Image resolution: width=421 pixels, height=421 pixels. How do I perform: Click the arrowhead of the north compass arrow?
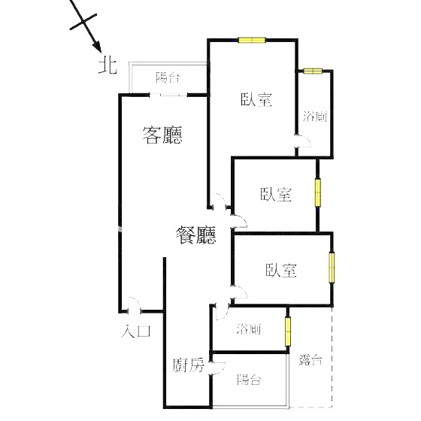click(97, 47)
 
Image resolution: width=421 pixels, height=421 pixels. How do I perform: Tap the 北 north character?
click(108, 66)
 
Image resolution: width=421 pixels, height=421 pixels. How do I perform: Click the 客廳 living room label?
click(162, 135)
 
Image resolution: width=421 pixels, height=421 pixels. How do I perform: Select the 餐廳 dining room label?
click(196, 235)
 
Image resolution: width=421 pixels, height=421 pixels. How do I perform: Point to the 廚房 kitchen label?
click(189, 365)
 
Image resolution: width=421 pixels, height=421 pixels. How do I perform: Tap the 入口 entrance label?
click(136, 331)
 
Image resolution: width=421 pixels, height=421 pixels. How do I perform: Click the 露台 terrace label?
click(310, 360)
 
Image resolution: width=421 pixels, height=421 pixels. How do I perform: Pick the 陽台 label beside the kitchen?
click(249, 380)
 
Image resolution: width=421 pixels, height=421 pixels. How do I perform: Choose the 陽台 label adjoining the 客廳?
click(168, 77)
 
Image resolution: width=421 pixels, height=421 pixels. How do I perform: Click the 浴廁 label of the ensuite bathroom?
click(315, 117)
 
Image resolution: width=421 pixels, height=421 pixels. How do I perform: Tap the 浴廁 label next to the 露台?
click(249, 329)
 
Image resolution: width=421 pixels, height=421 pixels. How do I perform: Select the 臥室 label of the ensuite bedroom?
click(256, 99)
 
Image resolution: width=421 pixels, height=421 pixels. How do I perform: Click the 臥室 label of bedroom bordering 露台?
click(281, 270)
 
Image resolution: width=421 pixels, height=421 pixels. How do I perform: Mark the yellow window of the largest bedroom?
click(252, 41)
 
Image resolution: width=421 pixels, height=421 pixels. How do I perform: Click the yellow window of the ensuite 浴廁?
click(313, 71)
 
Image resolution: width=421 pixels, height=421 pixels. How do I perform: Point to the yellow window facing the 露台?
click(287, 332)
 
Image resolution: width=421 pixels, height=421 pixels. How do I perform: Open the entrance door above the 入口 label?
click(134, 305)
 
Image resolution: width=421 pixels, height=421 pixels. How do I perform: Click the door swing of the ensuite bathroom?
click(303, 141)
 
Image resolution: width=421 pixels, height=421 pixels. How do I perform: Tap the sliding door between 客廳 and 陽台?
click(168, 95)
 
